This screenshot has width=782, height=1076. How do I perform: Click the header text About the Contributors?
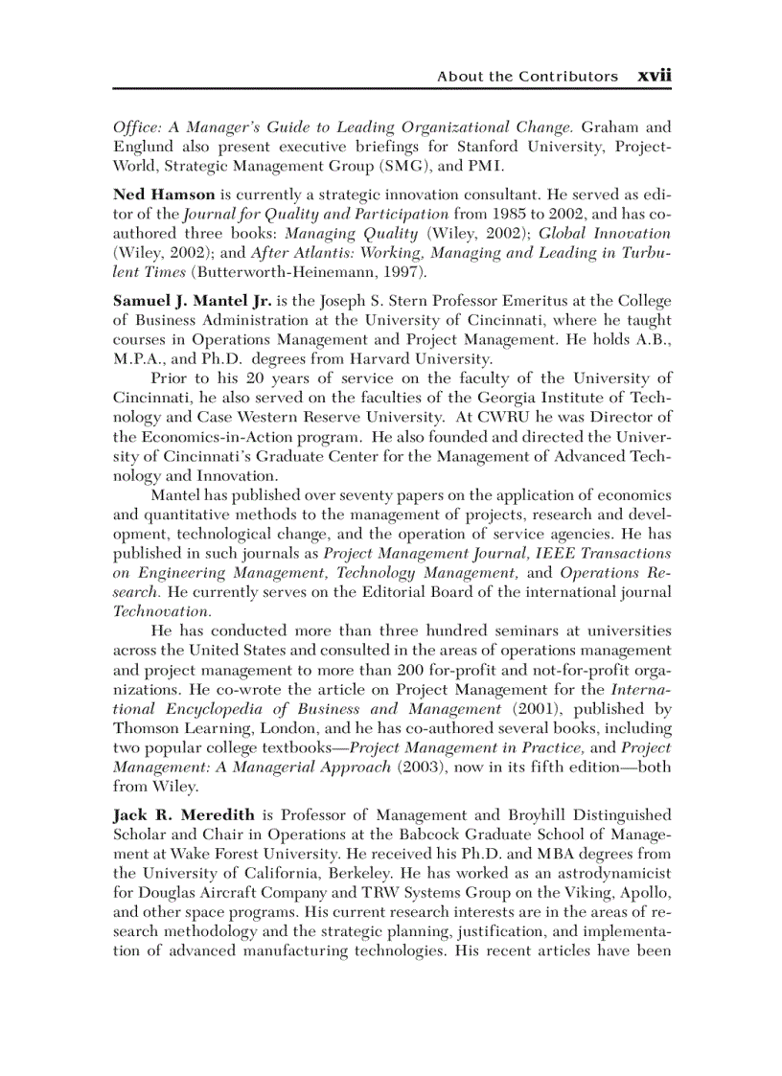527,77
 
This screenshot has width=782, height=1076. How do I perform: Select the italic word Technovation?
161,610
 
